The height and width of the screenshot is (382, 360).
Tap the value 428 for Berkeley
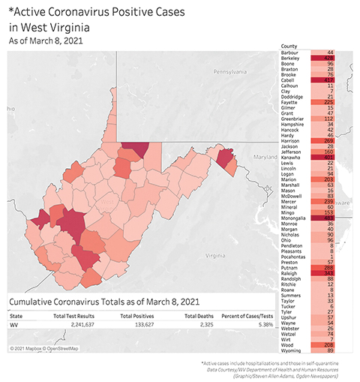point(328,59)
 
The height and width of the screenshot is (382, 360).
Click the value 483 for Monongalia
point(328,218)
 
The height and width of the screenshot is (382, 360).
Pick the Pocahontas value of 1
point(330,255)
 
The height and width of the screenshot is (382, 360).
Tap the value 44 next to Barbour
point(329,53)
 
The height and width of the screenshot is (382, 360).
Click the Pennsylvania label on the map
point(234,73)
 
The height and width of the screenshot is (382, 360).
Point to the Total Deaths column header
point(199,316)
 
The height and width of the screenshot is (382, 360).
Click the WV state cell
point(14,326)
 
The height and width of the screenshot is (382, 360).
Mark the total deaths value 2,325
point(204,326)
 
